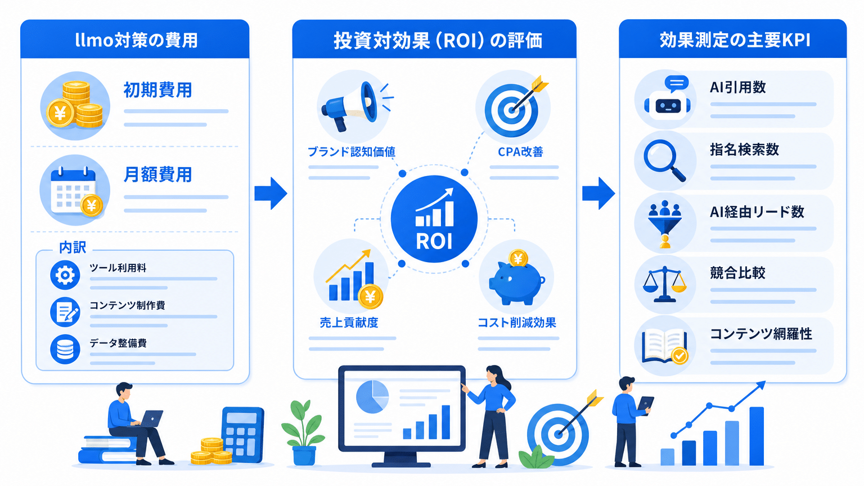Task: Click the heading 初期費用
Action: (157, 90)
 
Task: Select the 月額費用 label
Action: (157, 175)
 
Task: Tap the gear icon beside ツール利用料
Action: (65, 275)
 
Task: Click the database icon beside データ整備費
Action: (65, 349)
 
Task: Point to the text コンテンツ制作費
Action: (127, 305)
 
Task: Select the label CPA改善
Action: (520, 152)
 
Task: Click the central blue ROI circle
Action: (434, 219)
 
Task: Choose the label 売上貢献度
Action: (349, 322)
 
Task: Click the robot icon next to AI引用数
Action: (667, 99)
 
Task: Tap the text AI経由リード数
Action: (757, 211)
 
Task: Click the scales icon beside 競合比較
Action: (664, 284)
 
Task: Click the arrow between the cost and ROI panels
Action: (271, 193)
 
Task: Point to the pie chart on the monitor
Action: (372, 397)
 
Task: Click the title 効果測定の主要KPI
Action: (735, 40)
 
